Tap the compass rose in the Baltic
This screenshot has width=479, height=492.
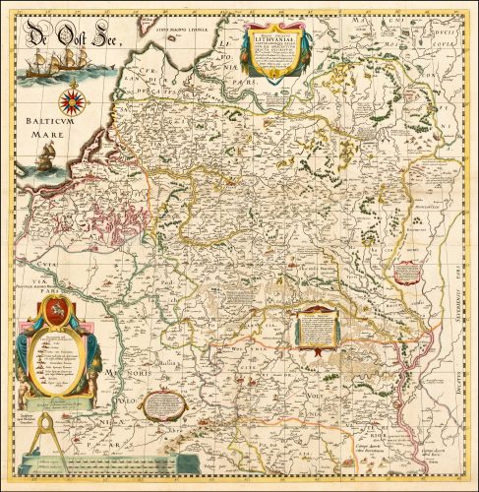pyautogui.click(x=72, y=101)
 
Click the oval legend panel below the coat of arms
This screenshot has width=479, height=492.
pyautogui.click(x=57, y=361)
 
